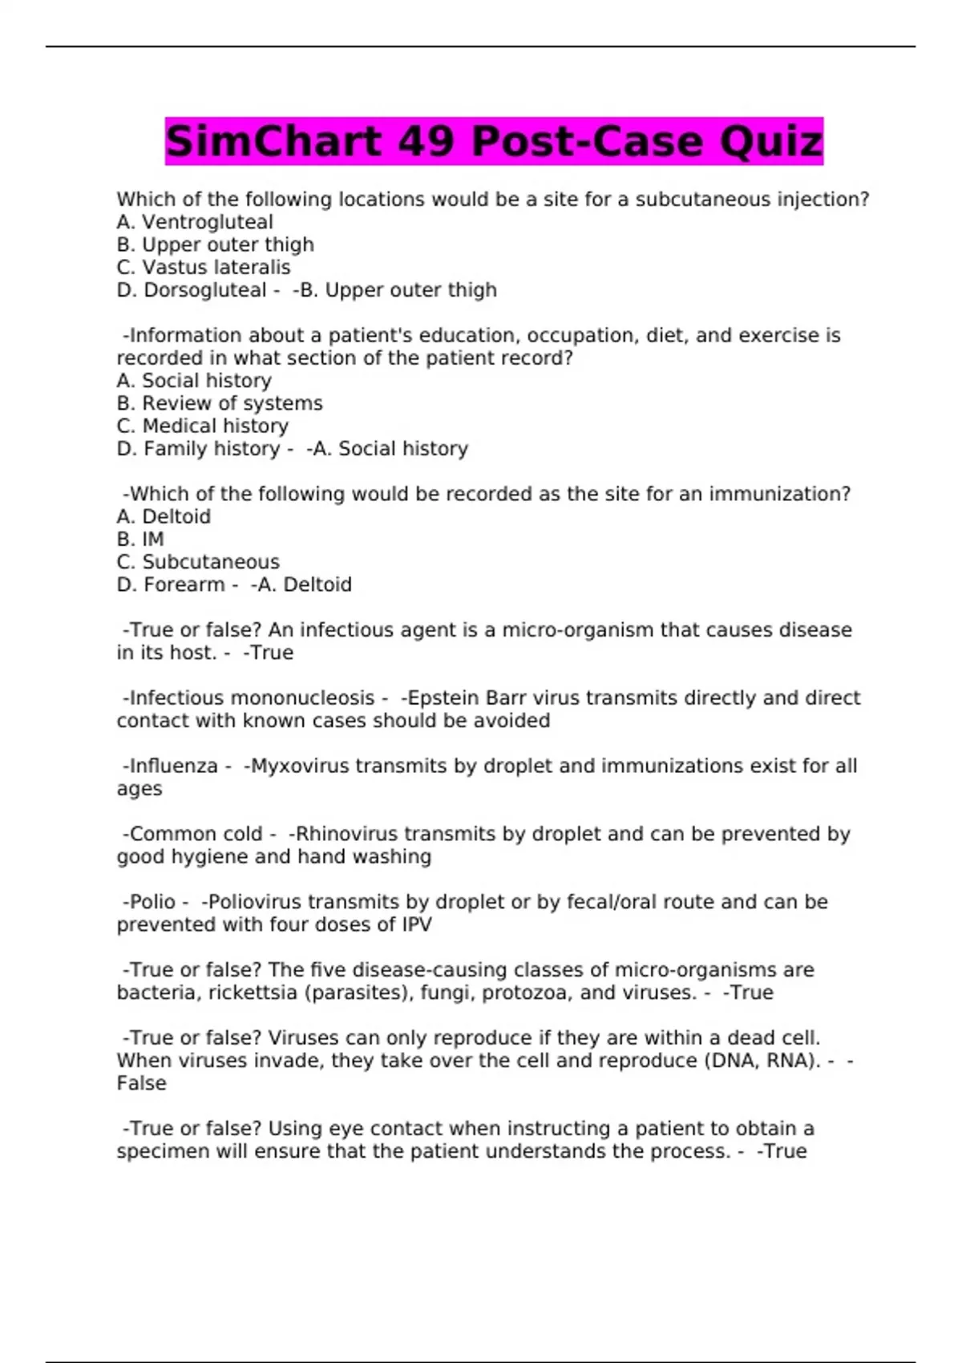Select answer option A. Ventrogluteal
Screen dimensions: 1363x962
(x=195, y=222)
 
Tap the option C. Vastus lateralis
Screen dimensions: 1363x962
(x=204, y=267)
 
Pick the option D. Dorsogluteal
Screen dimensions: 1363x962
(x=192, y=290)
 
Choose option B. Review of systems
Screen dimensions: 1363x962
(x=220, y=403)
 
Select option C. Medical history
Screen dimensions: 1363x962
(x=203, y=426)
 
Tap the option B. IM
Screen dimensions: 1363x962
(x=140, y=540)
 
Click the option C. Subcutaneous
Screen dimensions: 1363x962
(x=198, y=562)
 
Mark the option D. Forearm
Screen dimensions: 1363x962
(x=171, y=584)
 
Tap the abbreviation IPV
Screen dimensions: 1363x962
(x=415, y=924)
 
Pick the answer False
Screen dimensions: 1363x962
(x=142, y=1083)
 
